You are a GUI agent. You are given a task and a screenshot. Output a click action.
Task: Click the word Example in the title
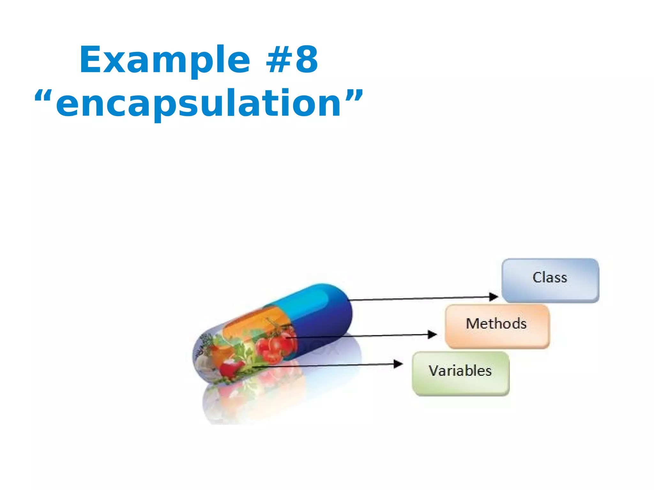164,60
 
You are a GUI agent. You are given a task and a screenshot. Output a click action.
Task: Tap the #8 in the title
292,60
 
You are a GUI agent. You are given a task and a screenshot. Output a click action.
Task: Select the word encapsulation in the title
199,104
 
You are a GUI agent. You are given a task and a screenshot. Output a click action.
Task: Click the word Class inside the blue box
550,277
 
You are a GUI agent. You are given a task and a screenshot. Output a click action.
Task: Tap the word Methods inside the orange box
496,323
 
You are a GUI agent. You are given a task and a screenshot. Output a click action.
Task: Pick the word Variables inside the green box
460,371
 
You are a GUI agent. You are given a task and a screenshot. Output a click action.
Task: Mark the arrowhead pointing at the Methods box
432,334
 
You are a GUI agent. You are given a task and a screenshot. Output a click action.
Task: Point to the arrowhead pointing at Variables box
398,364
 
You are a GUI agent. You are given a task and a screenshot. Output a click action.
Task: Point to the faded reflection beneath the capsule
255,399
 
